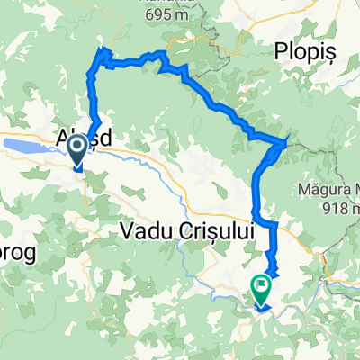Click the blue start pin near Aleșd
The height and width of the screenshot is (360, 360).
point(78,149)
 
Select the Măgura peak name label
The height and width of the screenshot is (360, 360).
point(326,191)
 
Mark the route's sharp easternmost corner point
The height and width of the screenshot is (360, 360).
point(287,141)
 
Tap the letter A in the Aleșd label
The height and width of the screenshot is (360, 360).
point(64,142)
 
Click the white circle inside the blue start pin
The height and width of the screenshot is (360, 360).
point(78,145)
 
